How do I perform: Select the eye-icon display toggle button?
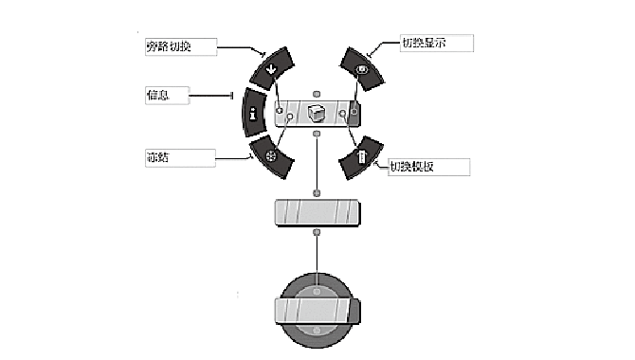click(x=362, y=68)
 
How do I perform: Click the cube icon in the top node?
click(x=317, y=114)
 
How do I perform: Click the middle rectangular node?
click(x=317, y=212)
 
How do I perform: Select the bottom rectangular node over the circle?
click(x=317, y=311)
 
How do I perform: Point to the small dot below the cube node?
click(x=317, y=134)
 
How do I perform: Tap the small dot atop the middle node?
click(x=317, y=193)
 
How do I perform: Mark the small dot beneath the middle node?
click(x=317, y=232)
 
